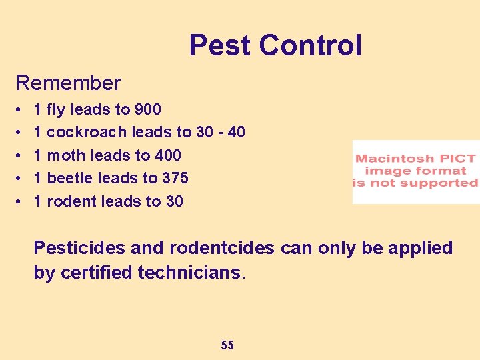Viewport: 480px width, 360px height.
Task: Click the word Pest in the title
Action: click(x=220, y=45)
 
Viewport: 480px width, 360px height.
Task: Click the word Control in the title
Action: click(x=310, y=45)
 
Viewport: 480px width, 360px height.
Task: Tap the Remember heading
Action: click(x=69, y=83)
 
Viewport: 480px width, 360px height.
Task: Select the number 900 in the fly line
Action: click(x=147, y=109)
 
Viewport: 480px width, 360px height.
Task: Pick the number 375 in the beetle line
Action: click(x=175, y=178)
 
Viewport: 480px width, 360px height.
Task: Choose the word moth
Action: click(x=66, y=155)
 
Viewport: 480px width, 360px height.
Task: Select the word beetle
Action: click(x=69, y=178)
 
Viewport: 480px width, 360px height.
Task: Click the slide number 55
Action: click(x=227, y=345)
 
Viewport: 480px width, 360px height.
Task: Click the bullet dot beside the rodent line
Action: click(x=19, y=201)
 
